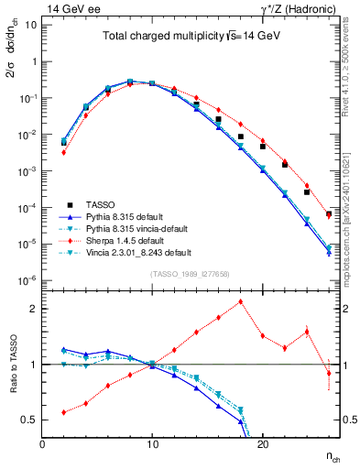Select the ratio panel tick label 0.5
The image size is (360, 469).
(27, 420)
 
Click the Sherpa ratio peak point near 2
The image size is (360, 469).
(240, 301)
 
